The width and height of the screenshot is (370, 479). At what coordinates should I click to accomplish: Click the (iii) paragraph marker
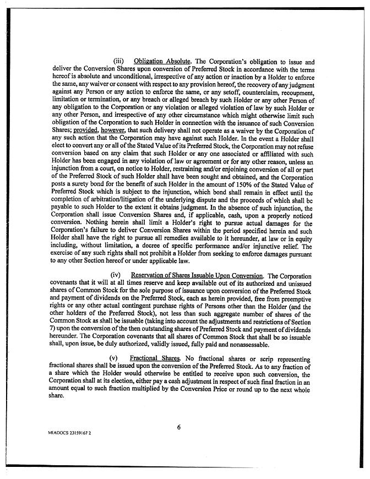[119, 62]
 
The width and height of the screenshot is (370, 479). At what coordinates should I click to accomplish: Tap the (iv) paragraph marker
[116, 275]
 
